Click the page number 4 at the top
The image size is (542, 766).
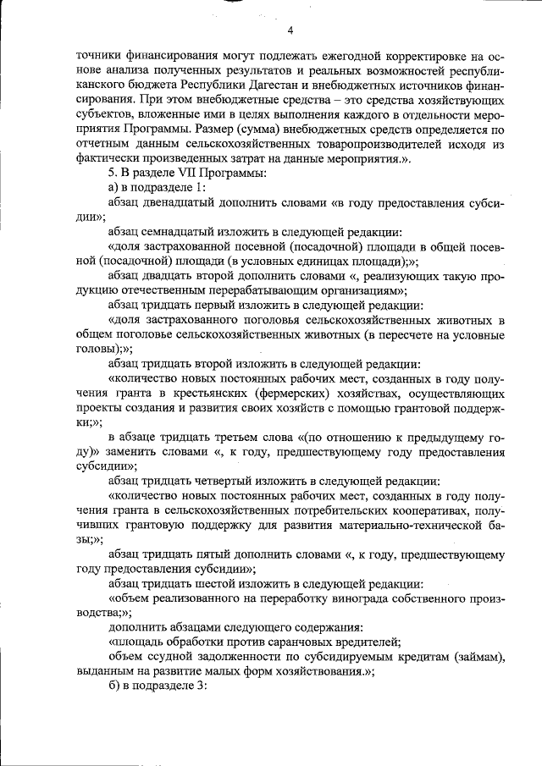point(290,31)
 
